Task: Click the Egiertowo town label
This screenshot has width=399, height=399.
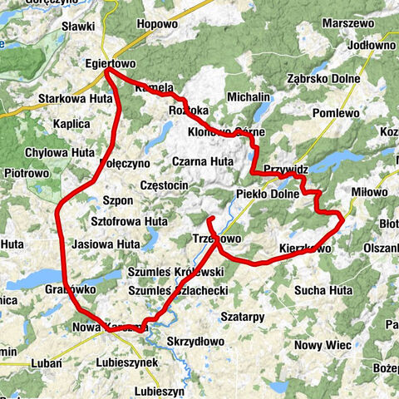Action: click(110, 62)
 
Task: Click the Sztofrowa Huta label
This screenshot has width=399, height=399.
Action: click(128, 222)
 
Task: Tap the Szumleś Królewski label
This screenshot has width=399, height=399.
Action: click(176, 272)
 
